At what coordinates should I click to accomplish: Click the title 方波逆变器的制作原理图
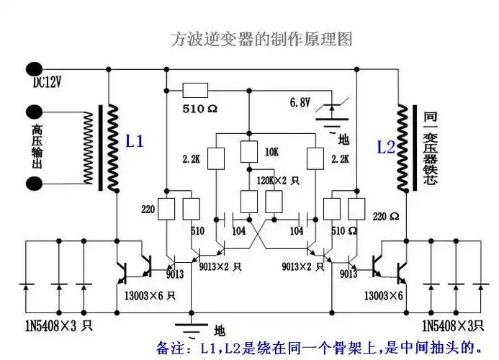[x=261, y=39]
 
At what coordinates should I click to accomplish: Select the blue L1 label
[x=135, y=142]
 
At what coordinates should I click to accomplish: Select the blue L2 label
[x=386, y=147]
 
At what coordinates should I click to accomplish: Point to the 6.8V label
[x=300, y=102]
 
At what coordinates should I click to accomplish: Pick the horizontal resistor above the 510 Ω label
[x=194, y=90]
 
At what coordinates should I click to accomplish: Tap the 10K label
[x=271, y=153]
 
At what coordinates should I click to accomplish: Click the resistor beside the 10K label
[x=248, y=153]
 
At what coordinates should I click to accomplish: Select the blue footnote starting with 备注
[x=318, y=347]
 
